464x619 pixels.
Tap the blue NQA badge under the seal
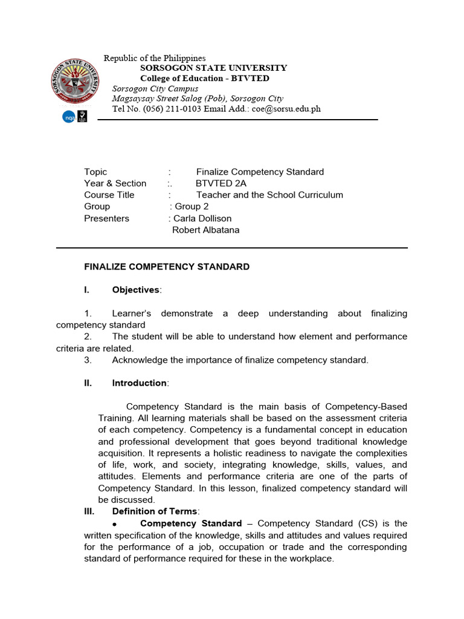click(68, 117)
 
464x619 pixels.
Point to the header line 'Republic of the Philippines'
click(155, 58)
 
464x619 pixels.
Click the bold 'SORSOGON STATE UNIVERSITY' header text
click(213, 68)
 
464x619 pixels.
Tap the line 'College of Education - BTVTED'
click(205, 79)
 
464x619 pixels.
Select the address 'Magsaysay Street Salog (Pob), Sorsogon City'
click(198, 99)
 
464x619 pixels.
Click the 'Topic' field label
click(95, 172)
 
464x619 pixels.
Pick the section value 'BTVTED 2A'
click(221, 183)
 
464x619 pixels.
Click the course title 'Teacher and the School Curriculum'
click(269, 195)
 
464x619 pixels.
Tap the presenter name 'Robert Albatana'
click(206, 230)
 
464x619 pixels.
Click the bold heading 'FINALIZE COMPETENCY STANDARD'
click(167, 267)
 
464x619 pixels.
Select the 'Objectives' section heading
click(135, 290)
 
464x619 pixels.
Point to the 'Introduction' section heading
click(140, 383)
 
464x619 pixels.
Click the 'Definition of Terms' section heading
click(155, 511)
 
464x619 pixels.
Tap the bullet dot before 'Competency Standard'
click(114, 523)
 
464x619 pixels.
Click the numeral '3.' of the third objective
click(88, 360)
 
